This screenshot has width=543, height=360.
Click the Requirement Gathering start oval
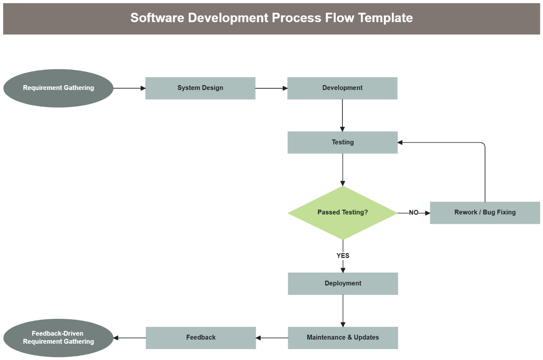pos(58,88)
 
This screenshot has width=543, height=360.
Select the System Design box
pos(200,88)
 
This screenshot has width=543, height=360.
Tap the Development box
pos(342,88)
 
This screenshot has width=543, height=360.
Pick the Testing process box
pos(343,142)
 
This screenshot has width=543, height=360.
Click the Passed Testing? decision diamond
pos(343,212)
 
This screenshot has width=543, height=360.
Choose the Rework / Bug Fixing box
pos(485,212)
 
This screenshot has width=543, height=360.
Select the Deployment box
pos(343,283)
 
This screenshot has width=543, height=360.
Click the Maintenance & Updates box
pos(343,337)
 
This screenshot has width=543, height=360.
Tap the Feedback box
pos(201,337)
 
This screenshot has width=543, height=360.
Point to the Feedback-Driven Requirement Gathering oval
pos(58,338)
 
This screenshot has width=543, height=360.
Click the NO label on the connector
pos(414,212)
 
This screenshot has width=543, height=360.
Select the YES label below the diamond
pos(343,256)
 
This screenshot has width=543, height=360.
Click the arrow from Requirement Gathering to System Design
pos(129,88)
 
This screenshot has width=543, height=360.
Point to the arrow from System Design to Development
pos(271,88)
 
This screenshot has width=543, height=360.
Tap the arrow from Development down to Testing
pos(343,115)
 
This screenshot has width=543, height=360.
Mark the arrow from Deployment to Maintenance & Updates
pos(343,311)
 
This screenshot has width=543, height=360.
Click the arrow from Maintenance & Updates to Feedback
pos(272,337)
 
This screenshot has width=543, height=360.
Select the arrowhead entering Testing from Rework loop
pos(400,142)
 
